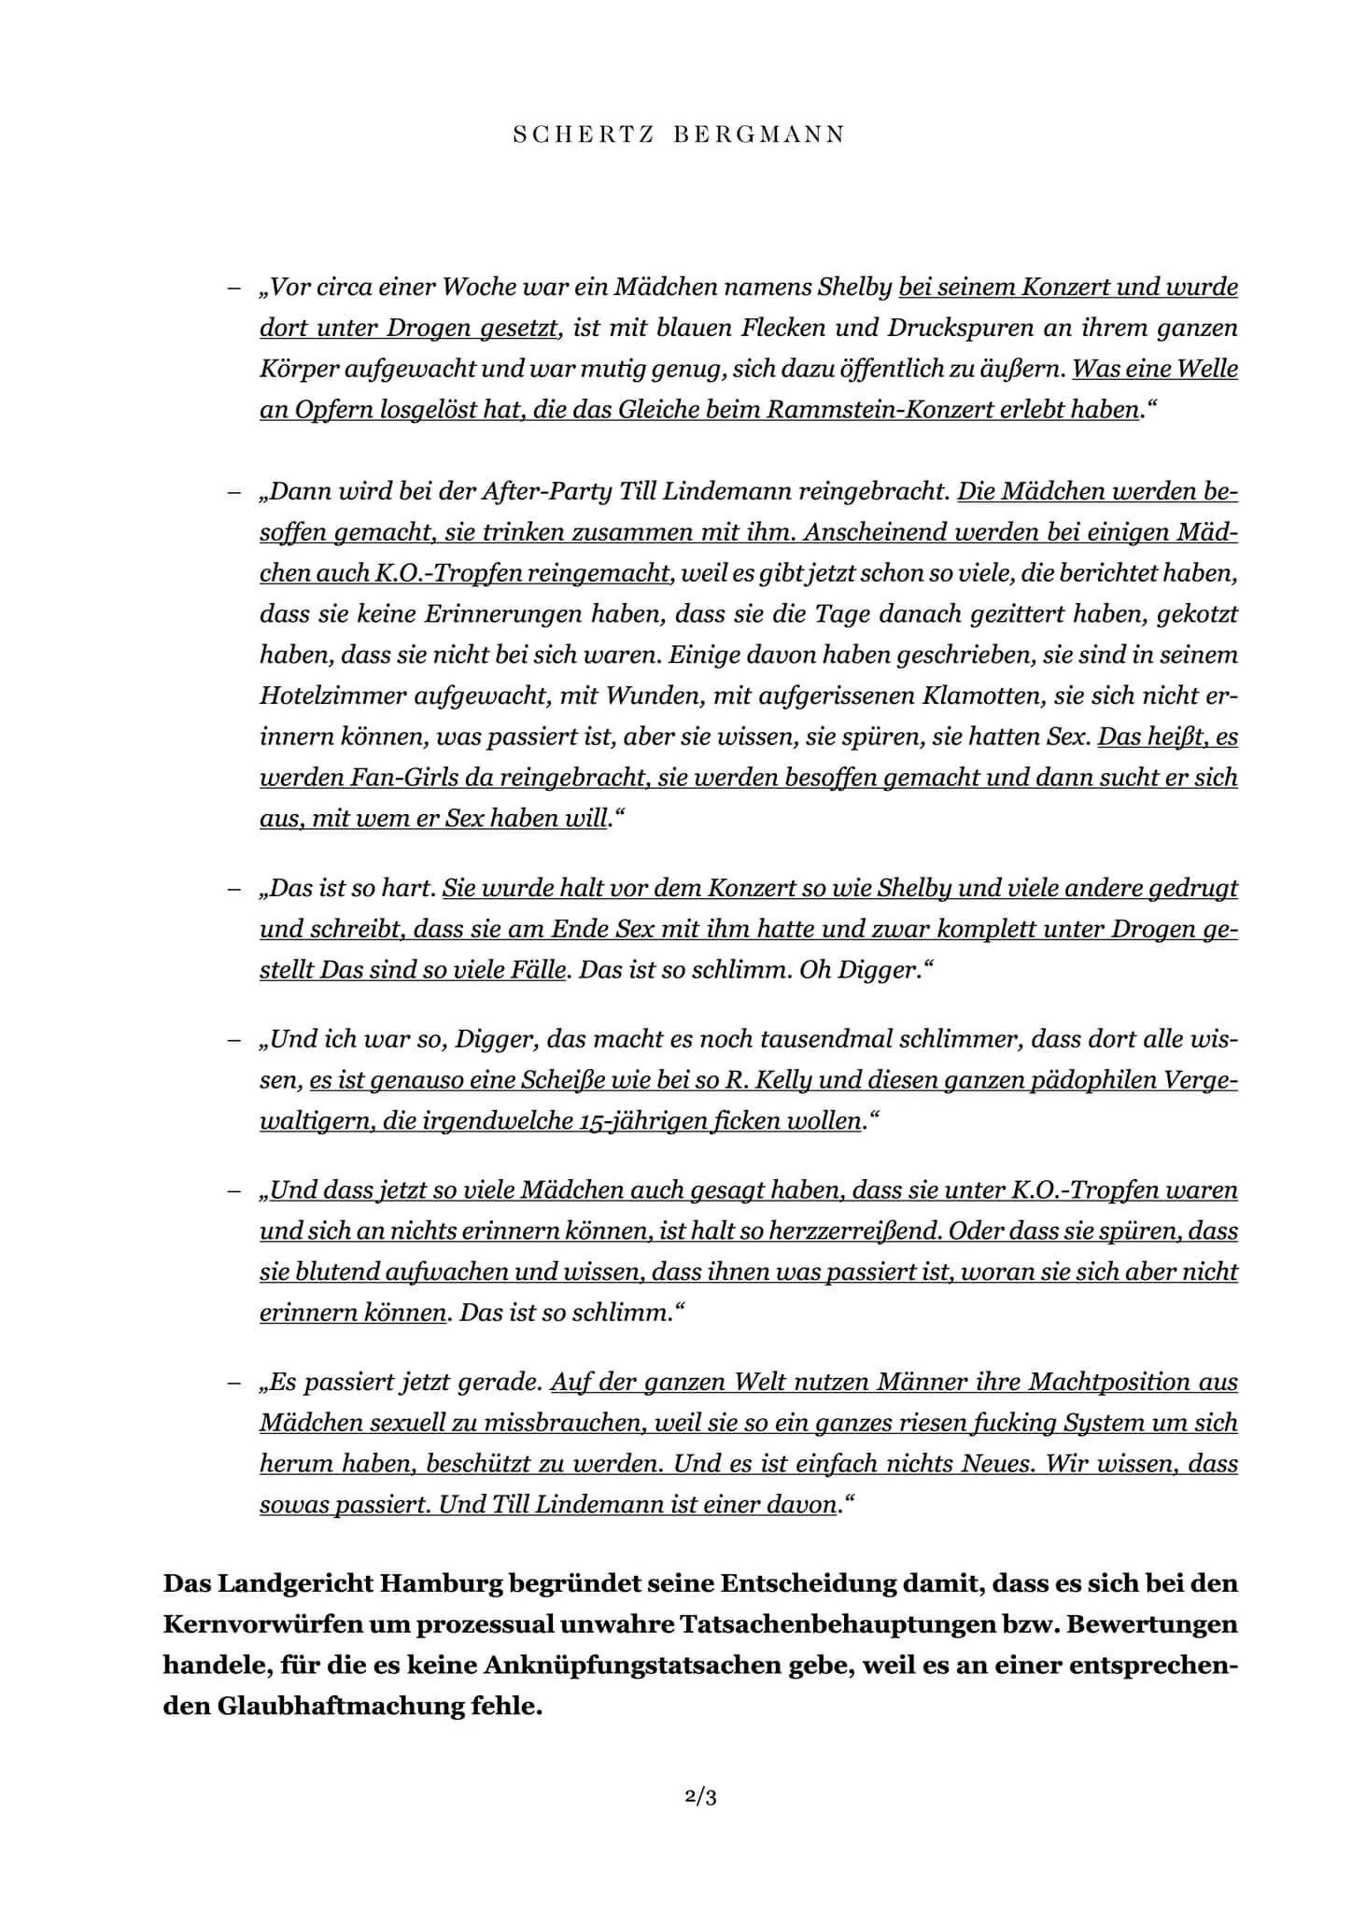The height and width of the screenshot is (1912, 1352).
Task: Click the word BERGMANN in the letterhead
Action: point(758,134)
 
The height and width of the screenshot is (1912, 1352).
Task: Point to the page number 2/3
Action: point(700,1797)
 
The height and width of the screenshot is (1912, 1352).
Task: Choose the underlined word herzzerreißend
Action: point(853,1231)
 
